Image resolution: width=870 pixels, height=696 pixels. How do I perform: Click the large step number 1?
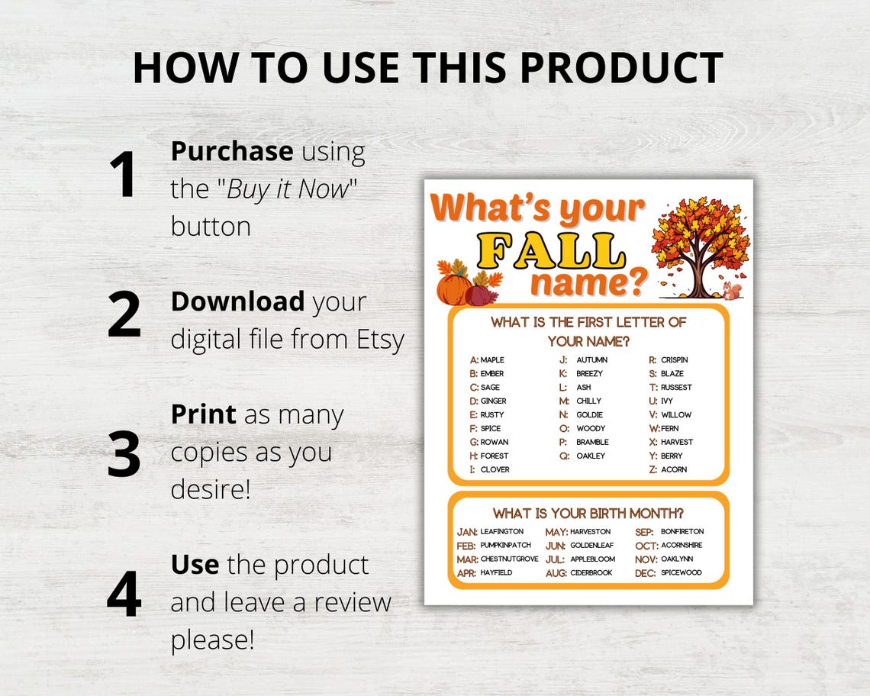point(123,175)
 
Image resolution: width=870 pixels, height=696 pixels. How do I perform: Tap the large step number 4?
point(124,593)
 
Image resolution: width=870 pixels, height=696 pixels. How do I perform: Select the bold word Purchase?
point(231,151)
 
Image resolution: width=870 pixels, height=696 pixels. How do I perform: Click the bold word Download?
point(237,301)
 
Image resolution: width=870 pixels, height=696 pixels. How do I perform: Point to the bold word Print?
point(203,414)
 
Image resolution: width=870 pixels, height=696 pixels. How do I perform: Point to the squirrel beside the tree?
point(732,289)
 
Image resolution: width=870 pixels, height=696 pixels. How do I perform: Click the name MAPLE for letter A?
point(492,360)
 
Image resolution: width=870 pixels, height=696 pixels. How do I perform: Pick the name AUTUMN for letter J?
point(592,360)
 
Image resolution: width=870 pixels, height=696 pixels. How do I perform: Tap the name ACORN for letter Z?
point(674,469)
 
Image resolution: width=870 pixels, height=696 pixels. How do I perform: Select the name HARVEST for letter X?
point(677,442)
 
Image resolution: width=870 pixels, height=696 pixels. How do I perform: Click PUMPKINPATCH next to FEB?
point(505,546)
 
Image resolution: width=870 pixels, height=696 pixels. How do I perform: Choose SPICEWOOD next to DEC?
point(681,573)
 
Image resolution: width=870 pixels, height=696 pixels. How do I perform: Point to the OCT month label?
point(646,546)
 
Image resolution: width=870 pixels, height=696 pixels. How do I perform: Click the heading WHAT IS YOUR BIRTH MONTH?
point(588,513)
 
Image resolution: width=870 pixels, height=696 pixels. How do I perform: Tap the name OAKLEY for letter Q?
point(591,456)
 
